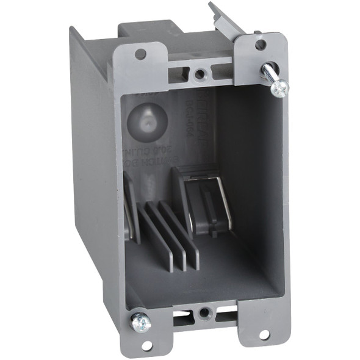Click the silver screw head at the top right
tap(280, 88)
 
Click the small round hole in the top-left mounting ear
tap(140, 54)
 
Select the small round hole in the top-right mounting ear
tap(261, 45)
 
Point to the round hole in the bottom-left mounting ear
tap(147, 346)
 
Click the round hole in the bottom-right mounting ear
tap(264, 334)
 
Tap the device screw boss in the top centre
tap(200, 74)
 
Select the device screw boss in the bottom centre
tap(204, 314)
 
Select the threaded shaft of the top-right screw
tap(268, 74)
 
